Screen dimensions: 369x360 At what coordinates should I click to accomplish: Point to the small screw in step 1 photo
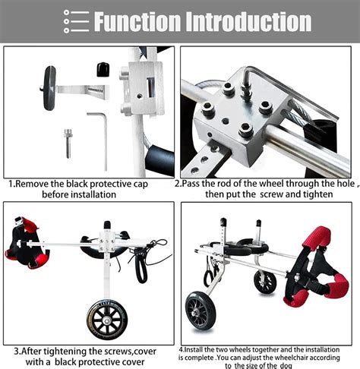pyautogui.click(x=67, y=140)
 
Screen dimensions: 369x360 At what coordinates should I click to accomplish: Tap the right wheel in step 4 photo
pyautogui.click(x=265, y=281)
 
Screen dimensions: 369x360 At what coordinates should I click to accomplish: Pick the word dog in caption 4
pyautogui.click(x=286, y=364)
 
